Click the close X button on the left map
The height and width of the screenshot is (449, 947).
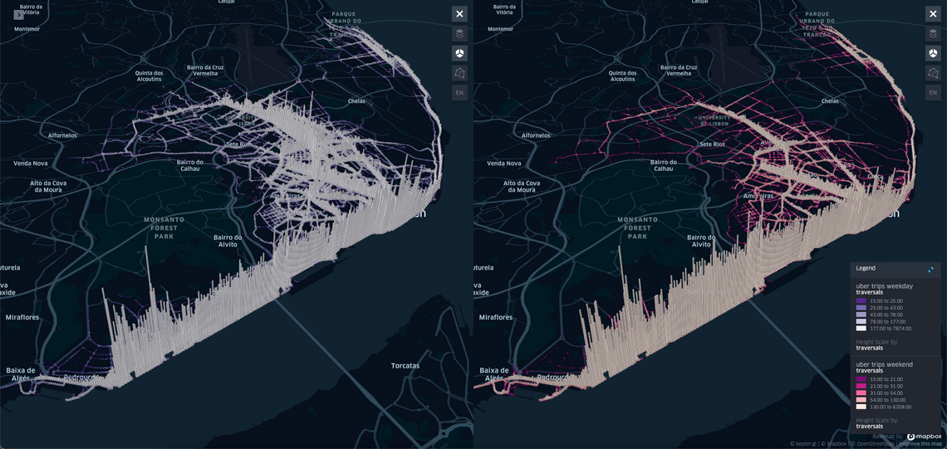coord(459,14)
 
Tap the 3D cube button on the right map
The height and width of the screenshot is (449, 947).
coord(933,53)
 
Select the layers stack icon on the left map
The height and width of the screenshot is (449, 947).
coord(459,34)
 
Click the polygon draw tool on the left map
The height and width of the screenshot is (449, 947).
coord(459,73)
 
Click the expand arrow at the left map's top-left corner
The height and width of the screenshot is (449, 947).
coord(18,14)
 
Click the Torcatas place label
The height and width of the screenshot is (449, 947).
coord(405,365)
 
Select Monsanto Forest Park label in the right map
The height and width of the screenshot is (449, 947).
coord(637,227)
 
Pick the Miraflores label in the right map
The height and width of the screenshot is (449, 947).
coord(496,317)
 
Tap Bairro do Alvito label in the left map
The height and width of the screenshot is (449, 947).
coord(227,241)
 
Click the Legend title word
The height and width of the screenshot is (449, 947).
coord(866,268)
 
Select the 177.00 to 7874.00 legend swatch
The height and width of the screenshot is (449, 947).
coord(861,328)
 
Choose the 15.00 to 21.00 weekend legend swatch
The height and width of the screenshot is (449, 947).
coord(861,379)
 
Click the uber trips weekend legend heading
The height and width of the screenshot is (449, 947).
coord(884,364)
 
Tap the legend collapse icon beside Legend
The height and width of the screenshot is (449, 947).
coord(930,269)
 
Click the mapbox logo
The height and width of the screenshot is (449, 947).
coord(924,437)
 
